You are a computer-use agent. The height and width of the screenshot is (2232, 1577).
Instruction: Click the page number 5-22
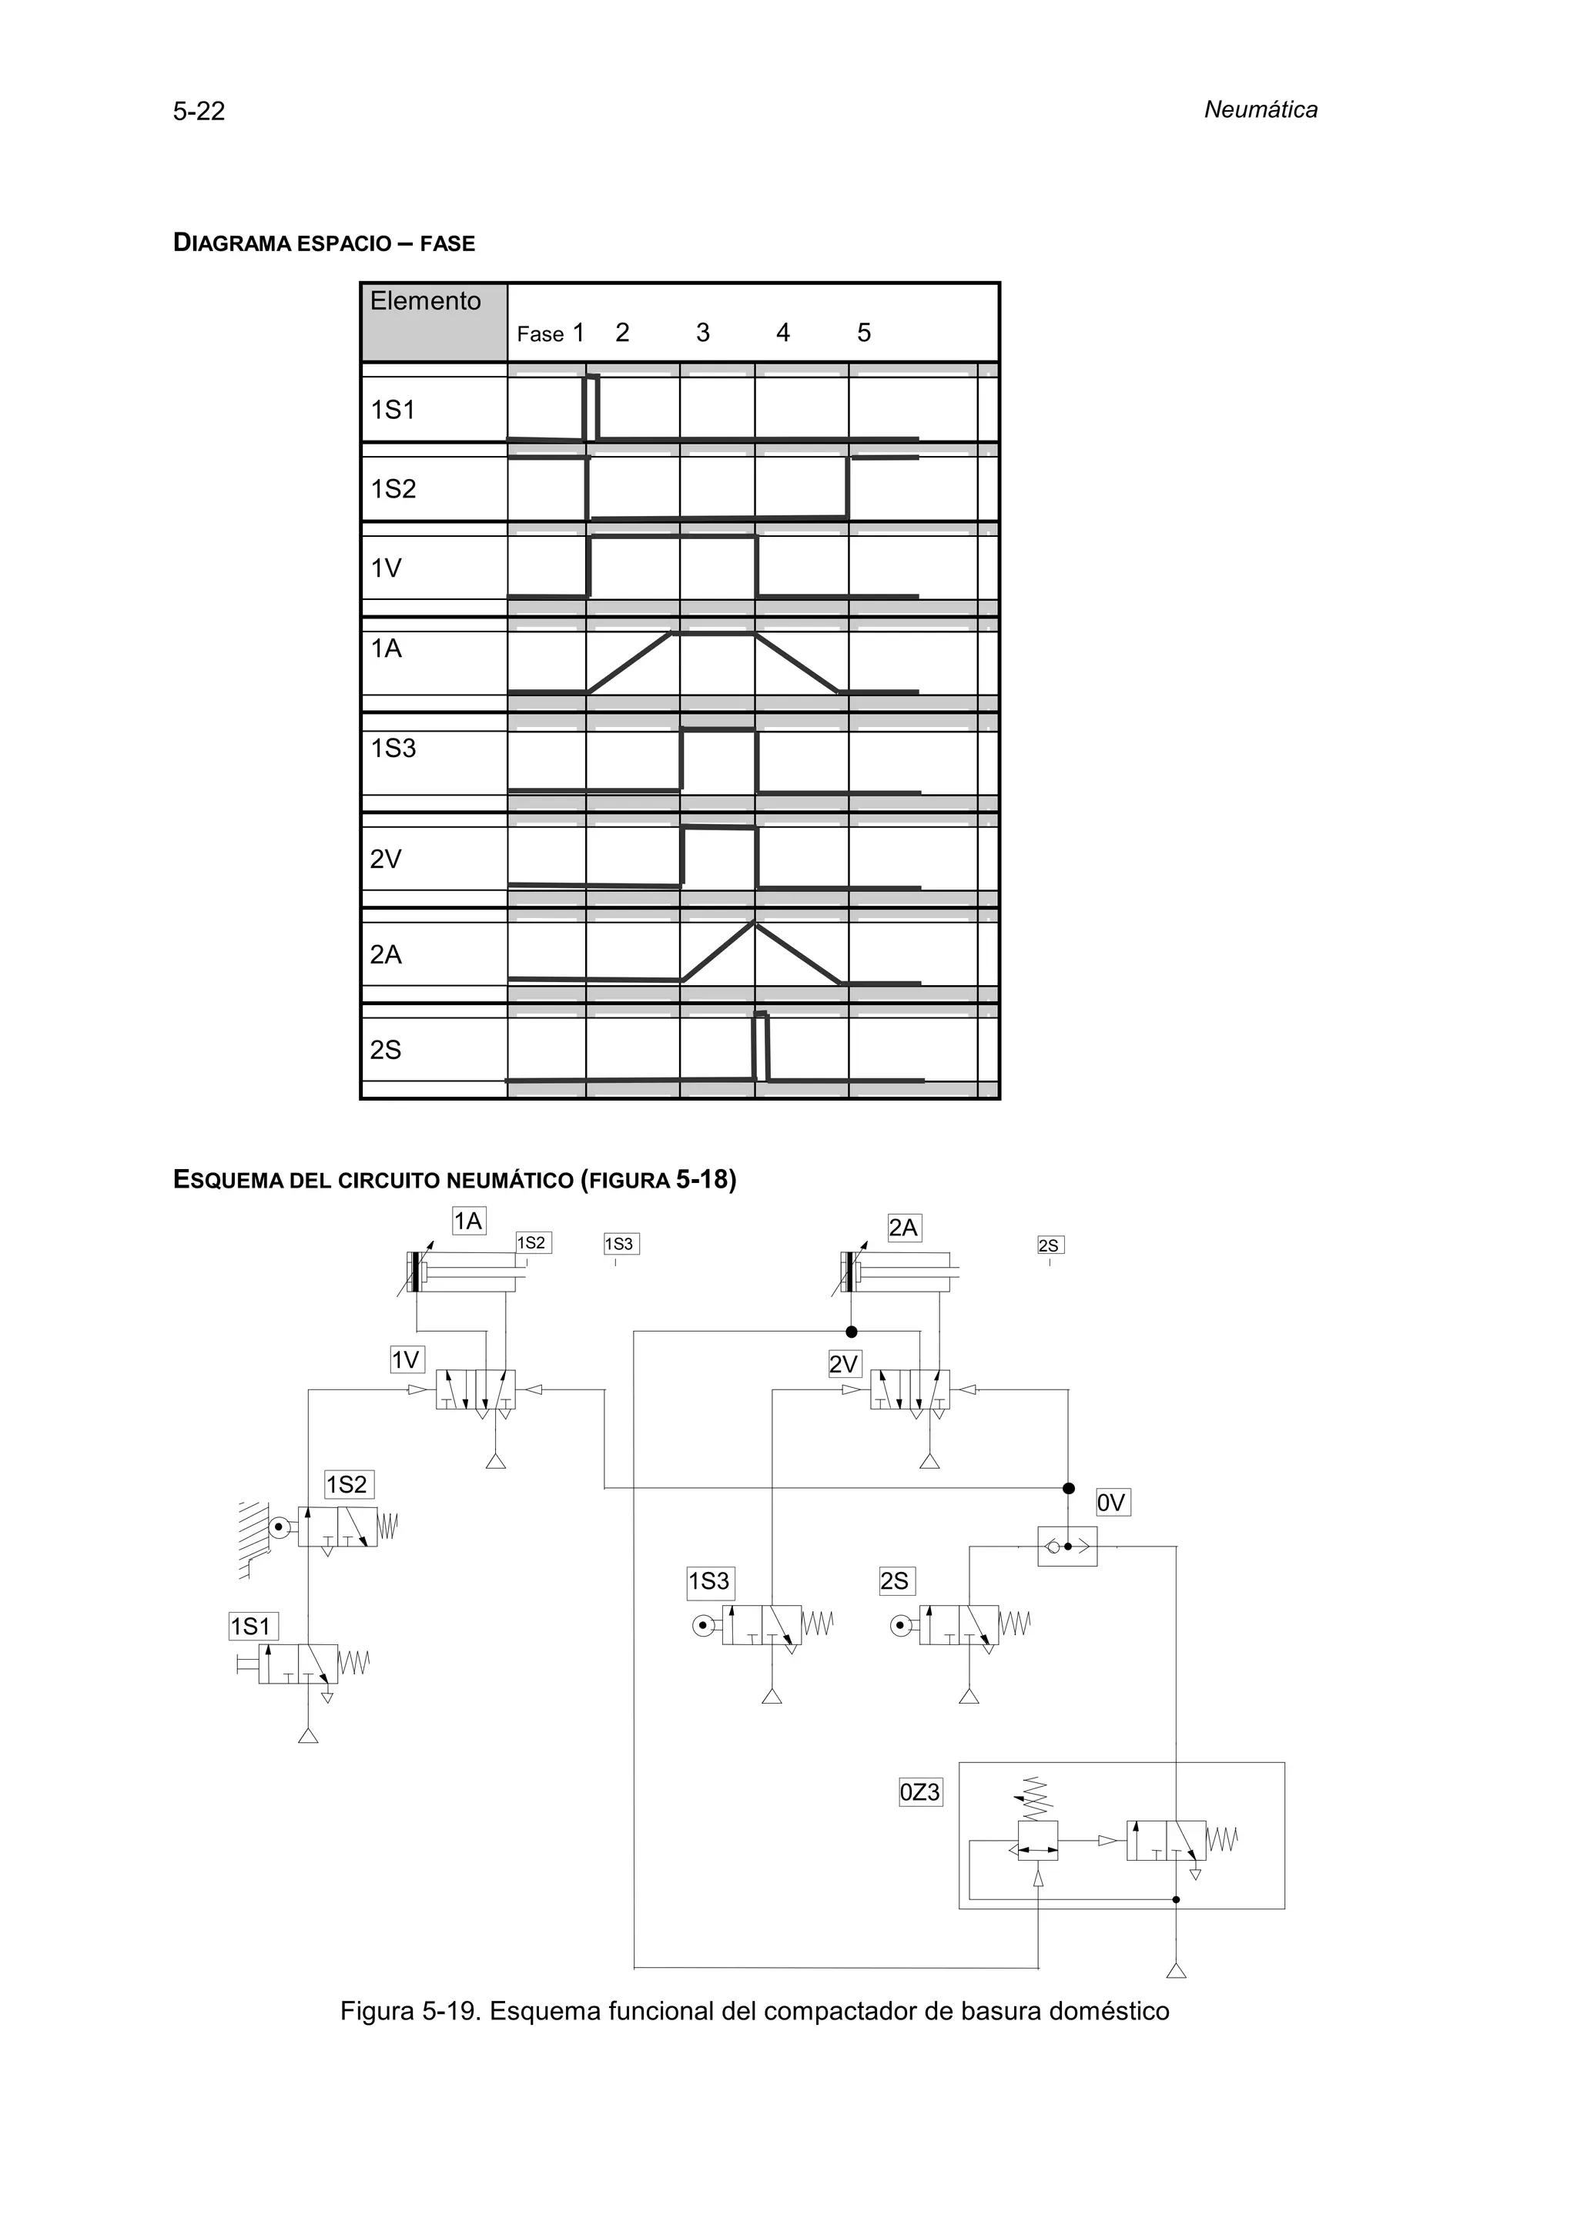click(x=199, y=112)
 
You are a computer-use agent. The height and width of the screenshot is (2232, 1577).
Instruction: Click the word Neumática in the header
click(x=1261, y=110)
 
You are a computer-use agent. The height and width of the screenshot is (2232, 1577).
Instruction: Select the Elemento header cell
click(x=434, y=322)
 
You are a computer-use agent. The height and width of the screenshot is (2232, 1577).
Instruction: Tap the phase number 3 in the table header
click(x=702, y=333)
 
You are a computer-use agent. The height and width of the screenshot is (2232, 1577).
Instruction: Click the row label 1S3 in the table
click(x=393, y=749)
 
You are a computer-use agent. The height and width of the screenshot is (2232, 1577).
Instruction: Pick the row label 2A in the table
click(x=386, y=954)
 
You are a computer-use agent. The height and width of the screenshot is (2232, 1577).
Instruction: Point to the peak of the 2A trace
click(x=754, y=923)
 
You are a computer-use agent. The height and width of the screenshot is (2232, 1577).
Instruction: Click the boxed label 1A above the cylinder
click(x=469, y=1221)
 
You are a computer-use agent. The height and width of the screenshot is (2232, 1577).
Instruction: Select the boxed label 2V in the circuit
click(x=843, y=1365)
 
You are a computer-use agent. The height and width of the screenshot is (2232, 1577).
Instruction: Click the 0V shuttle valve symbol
click(x=1067, y=1546)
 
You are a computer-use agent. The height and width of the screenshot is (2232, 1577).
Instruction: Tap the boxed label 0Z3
click(x=919, y=1791)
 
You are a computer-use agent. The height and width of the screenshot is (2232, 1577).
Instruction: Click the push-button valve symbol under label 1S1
click(x=298, y=1664)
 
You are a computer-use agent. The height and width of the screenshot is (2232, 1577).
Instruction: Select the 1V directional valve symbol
click(x=475, y=1390)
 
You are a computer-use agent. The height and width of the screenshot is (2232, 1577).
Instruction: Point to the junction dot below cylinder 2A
click(x=851, y=1332)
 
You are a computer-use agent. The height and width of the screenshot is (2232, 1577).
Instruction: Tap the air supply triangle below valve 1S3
click(x=772, y=1697)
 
